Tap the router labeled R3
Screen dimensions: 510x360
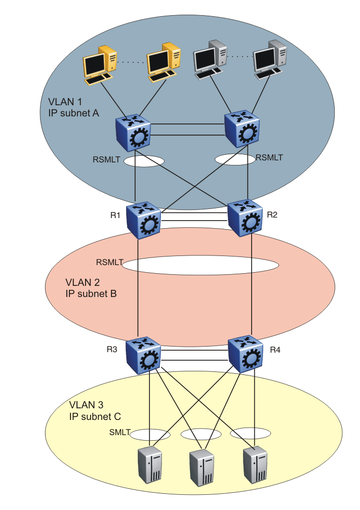[x=144, y=356]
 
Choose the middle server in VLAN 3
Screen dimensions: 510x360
[x=202, y=465]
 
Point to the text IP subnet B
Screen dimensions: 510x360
[x=91, y=293]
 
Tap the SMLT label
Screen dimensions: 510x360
[x=119, y=433]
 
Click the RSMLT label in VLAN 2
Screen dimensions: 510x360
[x=109, y=263]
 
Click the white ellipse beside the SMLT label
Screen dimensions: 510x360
[x=150, y=435]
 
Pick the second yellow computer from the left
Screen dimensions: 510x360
[x=164, y=63]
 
